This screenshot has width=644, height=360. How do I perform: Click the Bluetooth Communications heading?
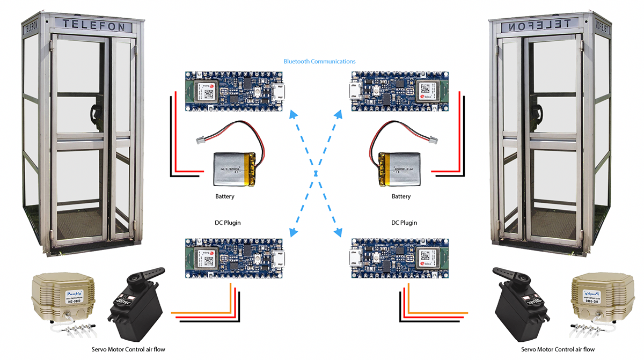319,62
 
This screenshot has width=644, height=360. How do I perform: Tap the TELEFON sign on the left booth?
93,25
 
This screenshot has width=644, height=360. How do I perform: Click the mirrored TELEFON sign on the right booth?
550,25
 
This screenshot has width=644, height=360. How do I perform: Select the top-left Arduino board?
234,92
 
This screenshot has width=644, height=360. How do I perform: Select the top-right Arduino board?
400,92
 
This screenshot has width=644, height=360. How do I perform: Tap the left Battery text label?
225,196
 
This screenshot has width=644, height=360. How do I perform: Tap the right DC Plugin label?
404,223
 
